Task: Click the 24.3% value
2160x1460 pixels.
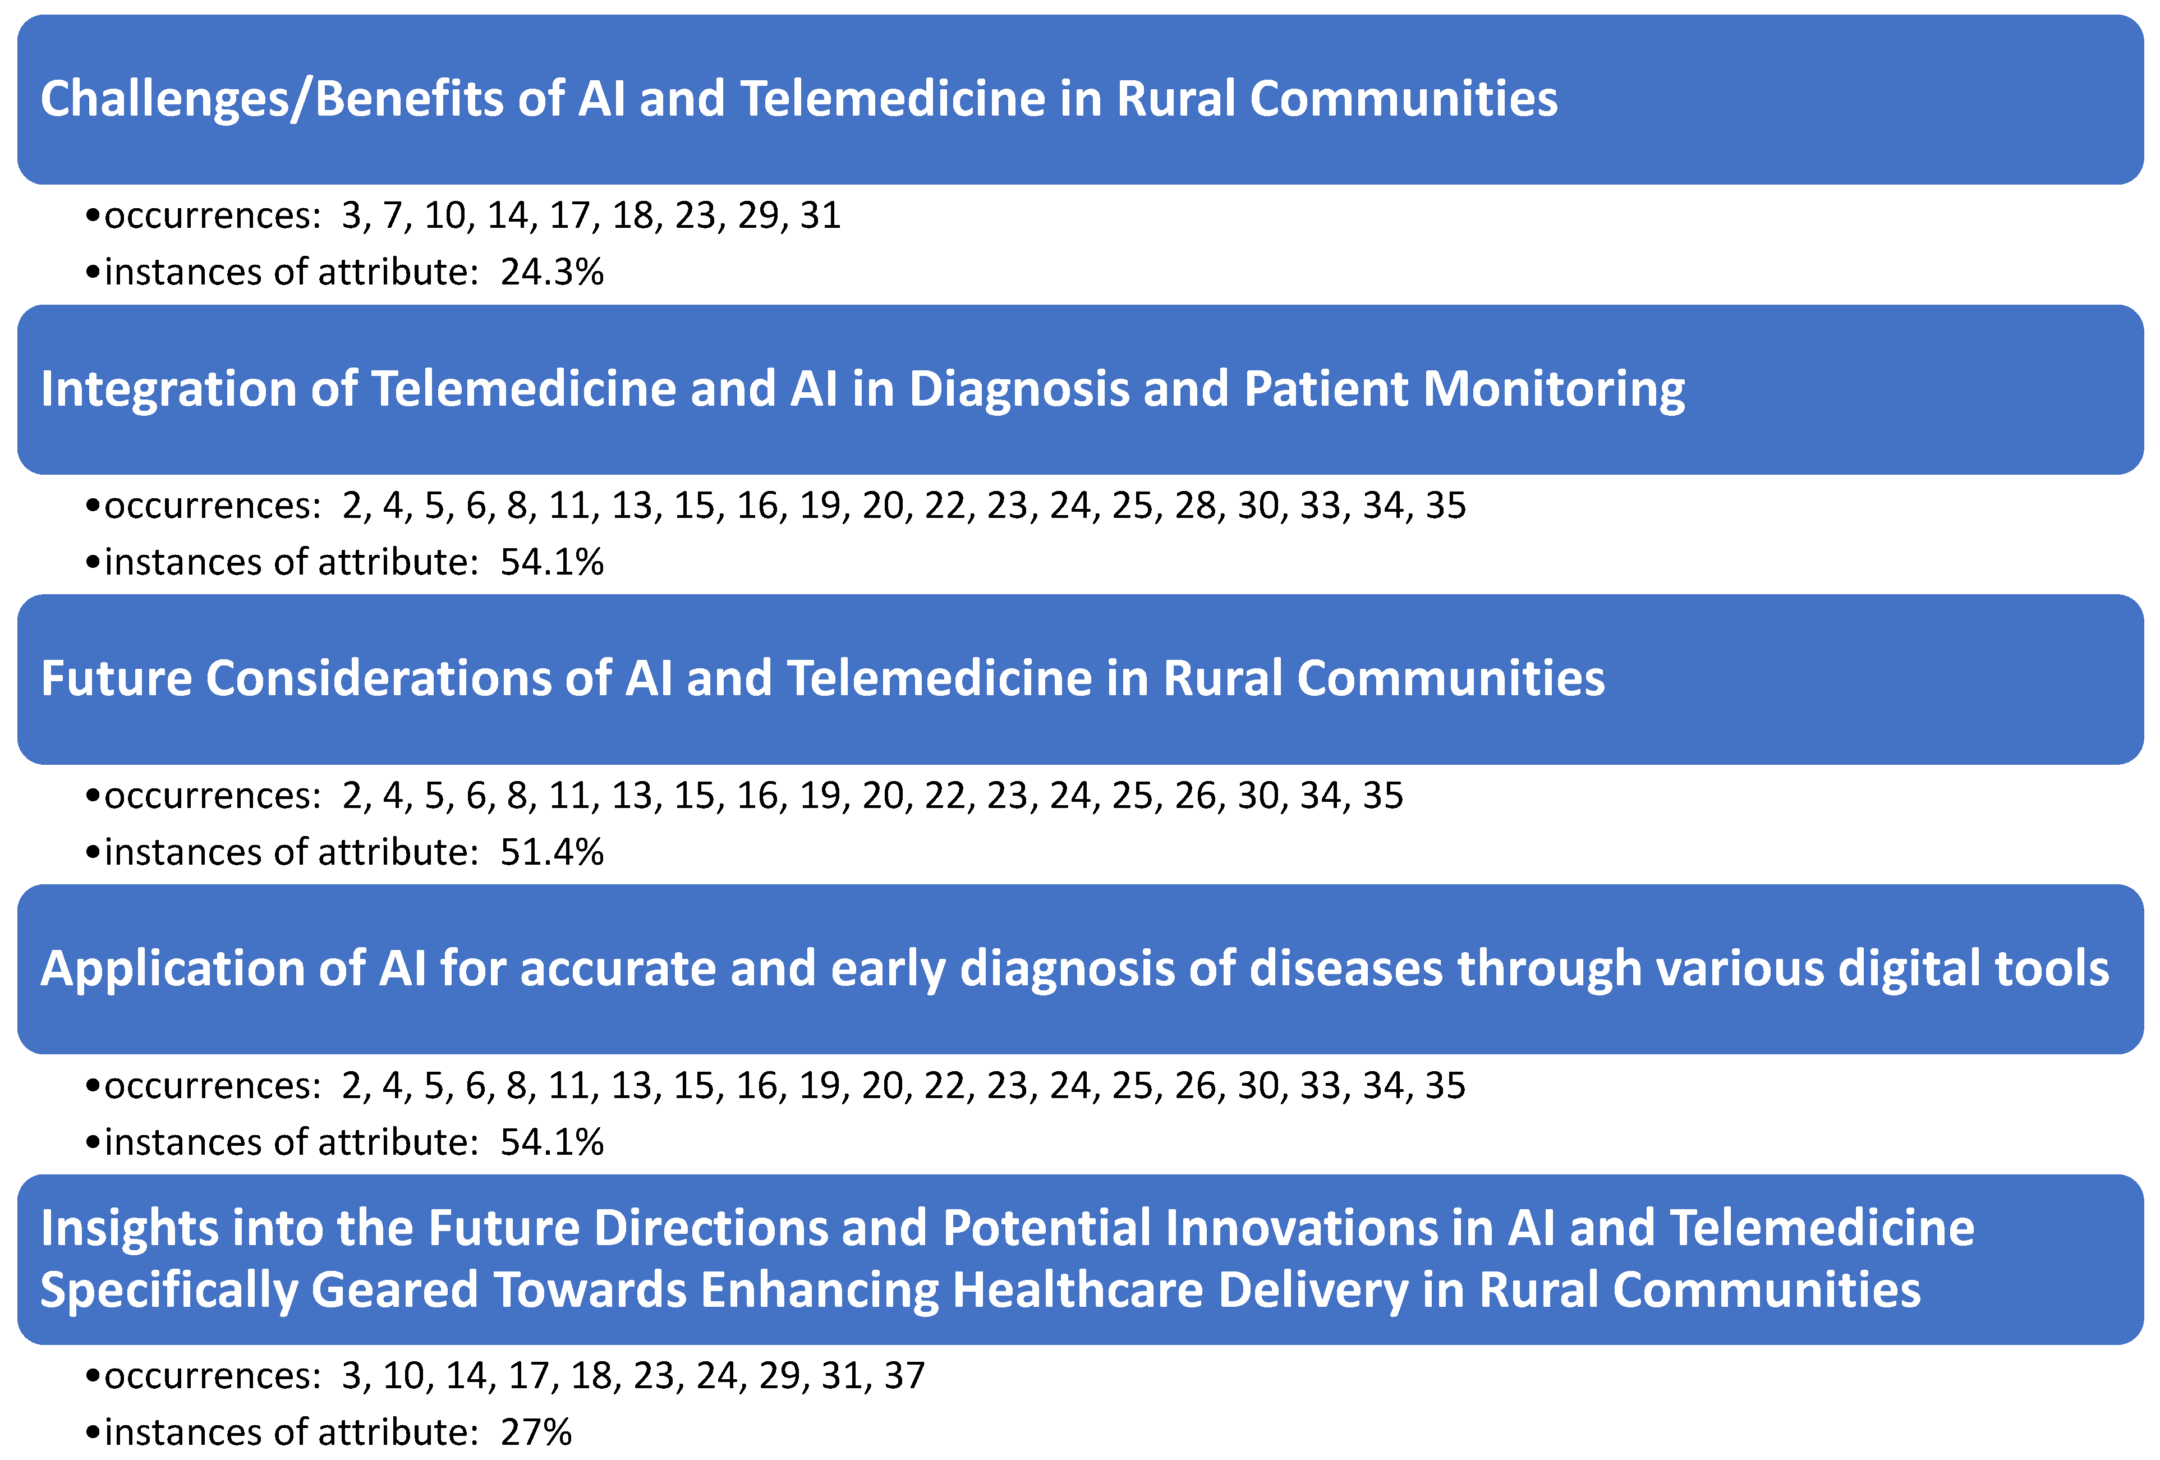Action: click(552, 272)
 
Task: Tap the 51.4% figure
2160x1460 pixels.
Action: click(552, 852)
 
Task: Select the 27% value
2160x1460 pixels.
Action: click(535, 1432)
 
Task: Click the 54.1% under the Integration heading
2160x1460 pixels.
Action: click(552, 562)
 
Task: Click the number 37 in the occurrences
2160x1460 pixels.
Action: click(904, 1375)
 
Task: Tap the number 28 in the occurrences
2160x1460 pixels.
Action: click(1195, 506)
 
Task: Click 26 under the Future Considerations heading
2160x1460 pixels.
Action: click(1195, 796)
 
